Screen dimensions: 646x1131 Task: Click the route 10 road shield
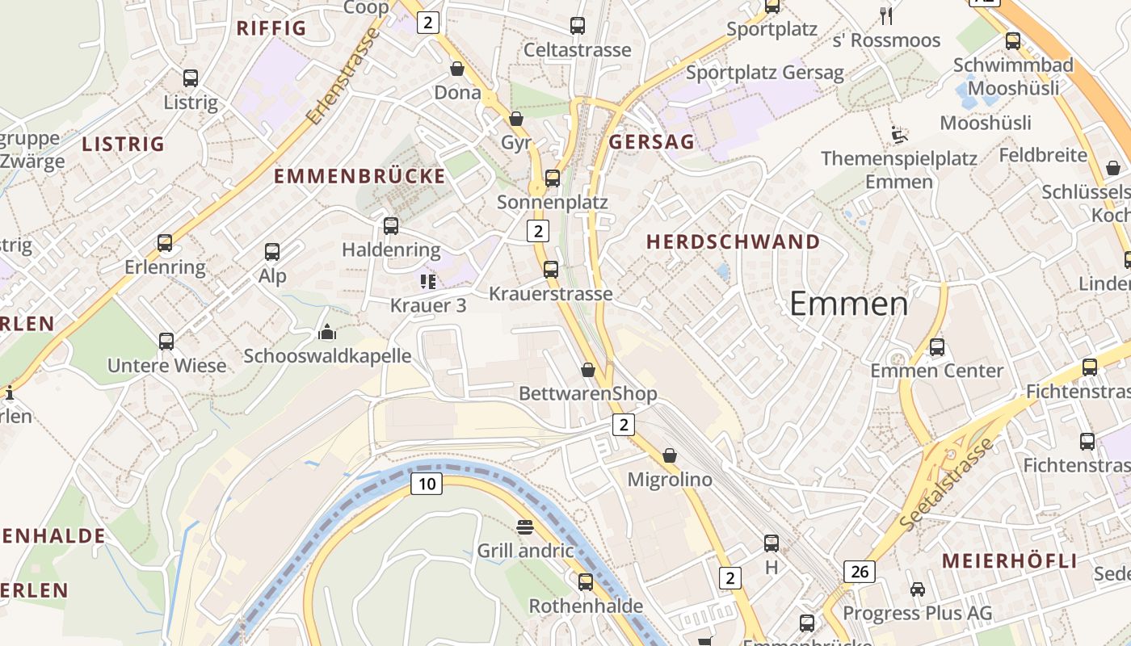click(427, 484)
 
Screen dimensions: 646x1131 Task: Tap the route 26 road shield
click(859, 572)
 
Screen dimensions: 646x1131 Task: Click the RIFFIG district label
click(271, 28)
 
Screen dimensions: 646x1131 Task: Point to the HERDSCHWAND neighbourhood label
click(733, 241)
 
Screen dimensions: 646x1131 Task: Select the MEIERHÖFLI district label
click(1009, 561)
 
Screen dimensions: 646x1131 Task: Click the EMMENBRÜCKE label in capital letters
click(359, 176)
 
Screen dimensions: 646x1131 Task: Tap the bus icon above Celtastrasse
click(577, 26)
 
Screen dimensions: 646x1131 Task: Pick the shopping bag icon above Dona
click(457, 69)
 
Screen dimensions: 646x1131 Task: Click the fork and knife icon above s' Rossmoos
click(886, 15)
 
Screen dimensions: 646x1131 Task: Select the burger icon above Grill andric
click(525, 528)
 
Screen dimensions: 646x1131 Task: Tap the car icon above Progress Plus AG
click(917, 589)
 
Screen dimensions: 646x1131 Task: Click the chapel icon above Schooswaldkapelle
click(327, 332)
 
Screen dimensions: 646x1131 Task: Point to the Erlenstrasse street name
click(343, 77)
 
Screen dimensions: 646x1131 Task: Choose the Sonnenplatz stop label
click(552, 202)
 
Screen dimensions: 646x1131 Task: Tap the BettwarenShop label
click(587, 393)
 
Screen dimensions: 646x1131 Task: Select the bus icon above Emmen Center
click(936, 347)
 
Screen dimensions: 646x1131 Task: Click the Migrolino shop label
click(670, 480)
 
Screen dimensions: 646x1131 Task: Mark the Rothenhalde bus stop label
click(586, 606)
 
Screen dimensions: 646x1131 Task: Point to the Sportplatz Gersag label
click(764, 73)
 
